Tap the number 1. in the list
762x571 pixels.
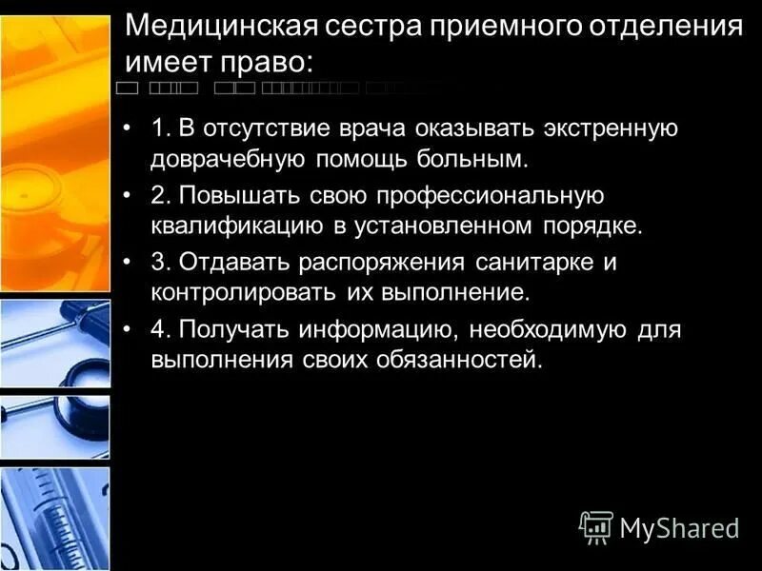tap(160, 128)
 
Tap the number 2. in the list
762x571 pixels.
tap(160, 196)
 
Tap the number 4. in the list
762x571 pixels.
tap(160, 331)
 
